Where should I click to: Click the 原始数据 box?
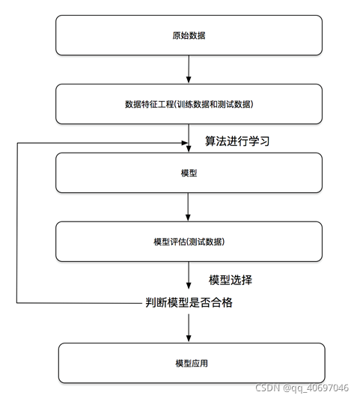point(189,35)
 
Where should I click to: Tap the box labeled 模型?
point(189,173)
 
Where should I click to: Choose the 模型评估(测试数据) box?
point(189,242)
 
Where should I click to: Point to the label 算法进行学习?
point(237,141)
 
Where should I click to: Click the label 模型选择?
point(231,281)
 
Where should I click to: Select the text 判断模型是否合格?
point(194,304)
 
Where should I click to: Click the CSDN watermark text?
point(267,388)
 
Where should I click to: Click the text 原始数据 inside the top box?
point(189,35)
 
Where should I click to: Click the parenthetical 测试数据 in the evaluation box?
point(206,242)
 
